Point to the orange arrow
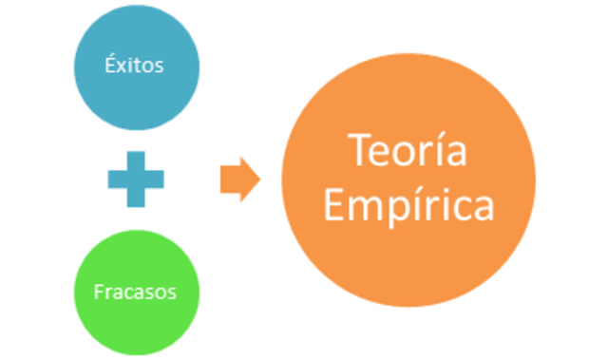[238, 179]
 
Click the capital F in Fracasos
[99, 291]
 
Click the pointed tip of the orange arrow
[257, 179]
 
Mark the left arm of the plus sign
[113, 178]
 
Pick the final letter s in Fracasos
[172, 292]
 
